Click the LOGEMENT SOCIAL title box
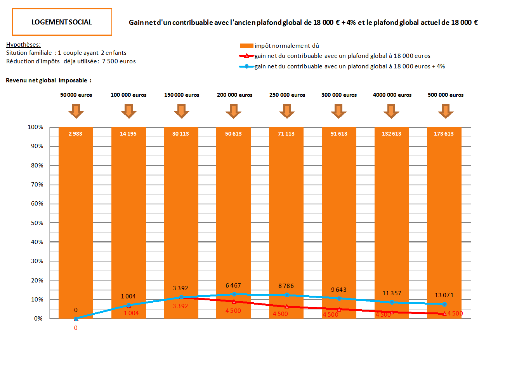click(62, 22)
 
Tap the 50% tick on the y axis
click(37, 223)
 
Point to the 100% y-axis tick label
click(36, 127)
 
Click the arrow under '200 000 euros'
click(233, 111)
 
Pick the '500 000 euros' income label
click(446, 95)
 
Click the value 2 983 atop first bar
click(75, 134)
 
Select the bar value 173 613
click(444, 134)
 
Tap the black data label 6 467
click(233, 286)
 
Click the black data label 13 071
click(444, 295)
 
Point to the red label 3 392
click(180, 306)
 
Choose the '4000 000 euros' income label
click(392, 95)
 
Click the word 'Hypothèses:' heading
click(23, 45)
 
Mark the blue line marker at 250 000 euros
click(286, 295)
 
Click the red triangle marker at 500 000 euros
click(444, 314)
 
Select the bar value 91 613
click(339, 134)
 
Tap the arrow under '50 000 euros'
click(76, 111)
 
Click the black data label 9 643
click(339, 290)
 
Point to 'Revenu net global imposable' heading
click(49, 80)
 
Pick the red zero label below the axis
click(76, 328)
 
